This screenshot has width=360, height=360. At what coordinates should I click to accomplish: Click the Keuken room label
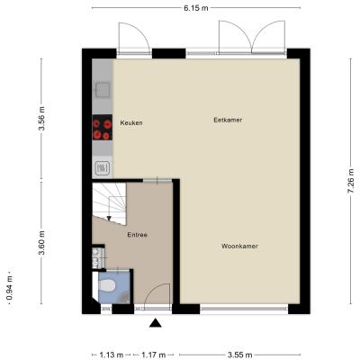click(131, 122)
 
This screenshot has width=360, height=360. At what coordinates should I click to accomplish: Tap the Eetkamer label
click(228, 120)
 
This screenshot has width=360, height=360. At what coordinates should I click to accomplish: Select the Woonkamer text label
click(239, 246)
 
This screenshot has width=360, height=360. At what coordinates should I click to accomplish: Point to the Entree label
click(137, 235)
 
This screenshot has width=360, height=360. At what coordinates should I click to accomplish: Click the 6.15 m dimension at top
click(196, 8)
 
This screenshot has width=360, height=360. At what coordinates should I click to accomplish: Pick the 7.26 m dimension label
click(351, 181)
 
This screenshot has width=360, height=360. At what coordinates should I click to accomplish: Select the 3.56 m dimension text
click(41, 118)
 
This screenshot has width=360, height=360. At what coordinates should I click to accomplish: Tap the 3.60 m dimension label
click(41, 243)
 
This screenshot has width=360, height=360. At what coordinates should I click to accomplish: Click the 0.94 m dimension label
click(10, 288)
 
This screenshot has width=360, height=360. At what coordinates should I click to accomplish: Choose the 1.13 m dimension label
click(112, 355)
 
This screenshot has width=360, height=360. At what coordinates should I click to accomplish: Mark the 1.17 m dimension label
click(154, 355)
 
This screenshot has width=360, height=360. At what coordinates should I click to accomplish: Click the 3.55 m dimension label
click(239, 355)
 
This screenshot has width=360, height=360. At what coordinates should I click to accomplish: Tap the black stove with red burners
click(103, 127)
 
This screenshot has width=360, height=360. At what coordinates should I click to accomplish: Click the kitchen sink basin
click(103, 90)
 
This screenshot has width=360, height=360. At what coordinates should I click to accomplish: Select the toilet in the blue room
click(107, 285)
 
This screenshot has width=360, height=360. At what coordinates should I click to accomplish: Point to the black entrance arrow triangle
click(156, 323)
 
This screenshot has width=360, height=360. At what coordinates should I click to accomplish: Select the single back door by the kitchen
click(134, 37)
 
